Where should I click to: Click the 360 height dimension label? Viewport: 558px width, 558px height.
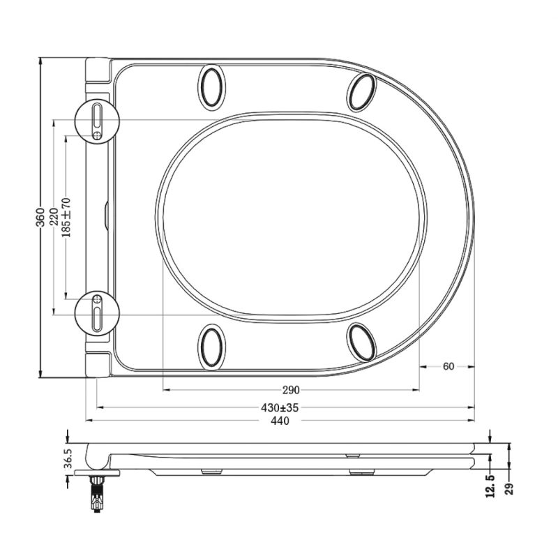coord(40,217)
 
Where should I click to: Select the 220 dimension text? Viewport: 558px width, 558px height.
coord(53,217)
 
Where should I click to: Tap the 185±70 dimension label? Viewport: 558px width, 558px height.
coord(66,217)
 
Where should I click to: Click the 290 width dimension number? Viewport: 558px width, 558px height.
coord(291,390)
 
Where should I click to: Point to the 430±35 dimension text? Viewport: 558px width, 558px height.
coord(281,407)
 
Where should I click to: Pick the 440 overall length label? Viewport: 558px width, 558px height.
coord(280,421)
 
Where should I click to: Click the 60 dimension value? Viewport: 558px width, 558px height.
coord(448,366)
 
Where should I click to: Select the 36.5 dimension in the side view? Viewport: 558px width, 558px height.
coord(68,458)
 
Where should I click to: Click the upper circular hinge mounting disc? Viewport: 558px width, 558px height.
coord(97,120)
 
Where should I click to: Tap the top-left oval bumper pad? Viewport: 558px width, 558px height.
coord(212,86)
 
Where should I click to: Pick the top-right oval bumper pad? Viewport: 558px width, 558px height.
coord(363,91)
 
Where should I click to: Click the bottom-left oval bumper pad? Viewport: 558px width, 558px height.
coord(212,346)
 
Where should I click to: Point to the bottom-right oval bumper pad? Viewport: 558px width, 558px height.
coord(363,342)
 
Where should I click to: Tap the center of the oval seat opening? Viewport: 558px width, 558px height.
coord(291,216)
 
